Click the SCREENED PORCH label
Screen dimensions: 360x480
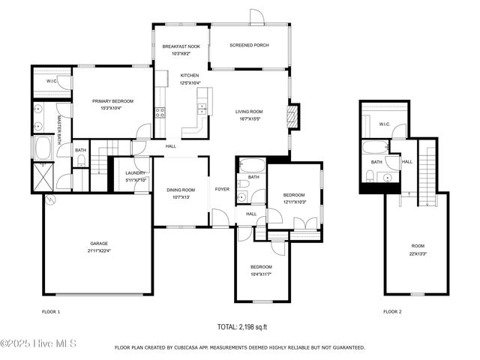249,45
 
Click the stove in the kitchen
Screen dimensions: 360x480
160,112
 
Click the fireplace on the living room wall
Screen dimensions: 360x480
295,115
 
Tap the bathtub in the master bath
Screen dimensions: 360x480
42,147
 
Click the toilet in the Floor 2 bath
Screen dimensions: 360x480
370,176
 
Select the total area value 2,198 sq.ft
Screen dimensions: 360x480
242,328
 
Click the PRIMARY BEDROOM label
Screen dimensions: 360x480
112,100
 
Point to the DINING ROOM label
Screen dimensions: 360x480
181,190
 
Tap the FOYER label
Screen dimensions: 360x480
222,189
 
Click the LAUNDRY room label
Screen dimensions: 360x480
136,173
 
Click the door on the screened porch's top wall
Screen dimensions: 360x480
256,16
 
